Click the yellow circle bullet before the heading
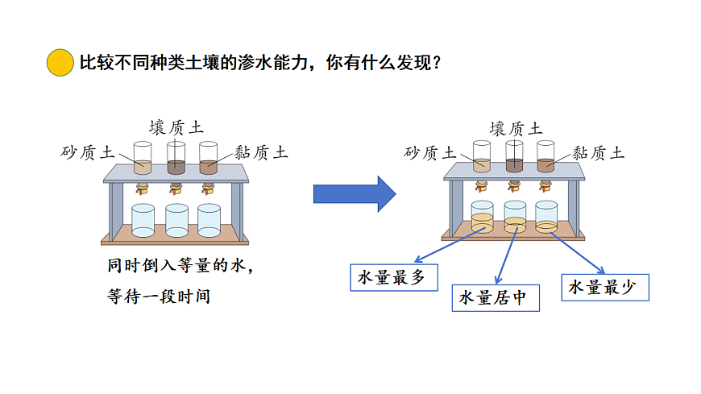60,62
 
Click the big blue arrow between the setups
353,193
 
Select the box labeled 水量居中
493,297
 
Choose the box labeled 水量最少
604,288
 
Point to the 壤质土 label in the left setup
176,127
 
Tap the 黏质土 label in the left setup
261,152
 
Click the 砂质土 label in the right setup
430,152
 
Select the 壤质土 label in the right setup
516,127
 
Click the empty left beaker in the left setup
143,220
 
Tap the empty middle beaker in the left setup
176,220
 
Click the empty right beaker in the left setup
209,220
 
